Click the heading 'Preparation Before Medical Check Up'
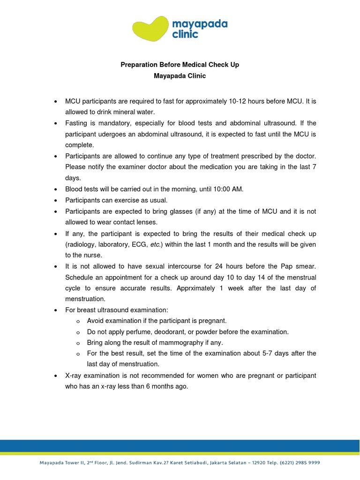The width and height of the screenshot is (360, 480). [180, 65]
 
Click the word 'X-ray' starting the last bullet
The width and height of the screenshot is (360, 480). [74, 376]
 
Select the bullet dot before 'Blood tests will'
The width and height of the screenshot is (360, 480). [56, 189]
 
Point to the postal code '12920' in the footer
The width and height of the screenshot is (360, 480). [261, 462]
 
